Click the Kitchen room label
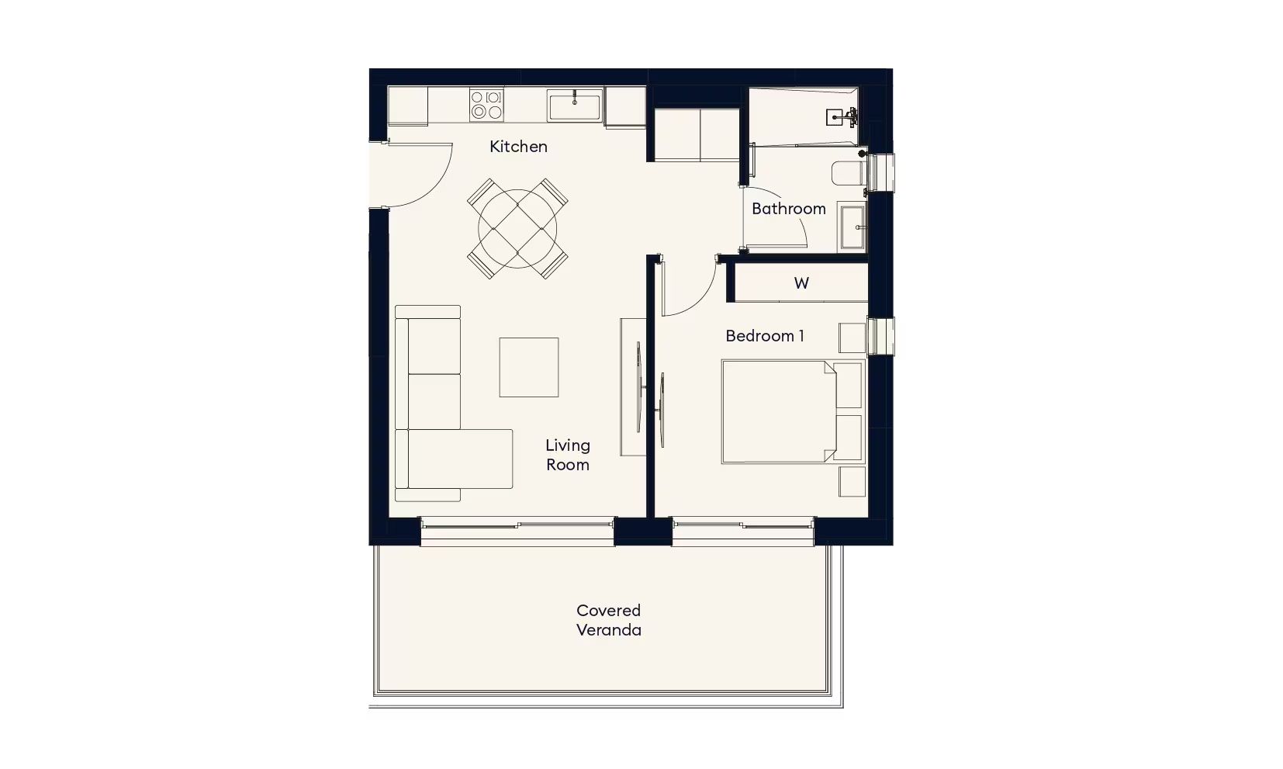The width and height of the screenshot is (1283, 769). click(518, 147)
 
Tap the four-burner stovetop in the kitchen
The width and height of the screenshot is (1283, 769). click(486, 104)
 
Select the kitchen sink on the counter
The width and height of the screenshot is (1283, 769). click(575, 106)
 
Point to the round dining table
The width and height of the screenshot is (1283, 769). click(517, 229)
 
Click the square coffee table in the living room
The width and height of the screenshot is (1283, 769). click(529, 367)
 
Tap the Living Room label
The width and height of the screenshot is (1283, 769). click(568, 455)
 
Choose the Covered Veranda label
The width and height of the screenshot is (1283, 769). click(609, 620)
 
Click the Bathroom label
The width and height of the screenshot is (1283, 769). click(789, 209)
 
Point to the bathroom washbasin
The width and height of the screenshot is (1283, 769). click(852, 227)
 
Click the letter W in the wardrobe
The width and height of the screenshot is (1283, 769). click(801, 283)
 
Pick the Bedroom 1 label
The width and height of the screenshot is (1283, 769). click(765, 336)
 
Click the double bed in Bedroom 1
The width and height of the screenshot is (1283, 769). click(792, 411)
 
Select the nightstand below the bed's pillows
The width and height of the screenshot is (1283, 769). click(852, 481)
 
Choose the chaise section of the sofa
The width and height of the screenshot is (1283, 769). click(460, 459)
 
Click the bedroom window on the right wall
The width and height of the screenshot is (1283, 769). click(881, 336)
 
